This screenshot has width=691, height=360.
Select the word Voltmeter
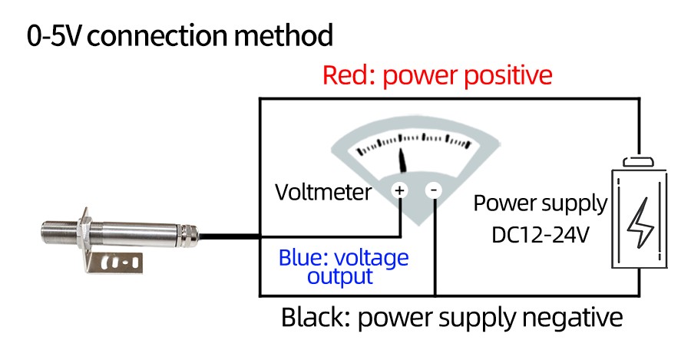point(323,192)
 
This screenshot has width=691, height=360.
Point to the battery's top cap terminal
point(638,161)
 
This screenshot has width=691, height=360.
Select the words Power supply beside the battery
point(540,204)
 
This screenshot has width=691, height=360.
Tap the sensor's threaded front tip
point(53,230)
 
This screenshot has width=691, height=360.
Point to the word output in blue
point(340,276)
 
